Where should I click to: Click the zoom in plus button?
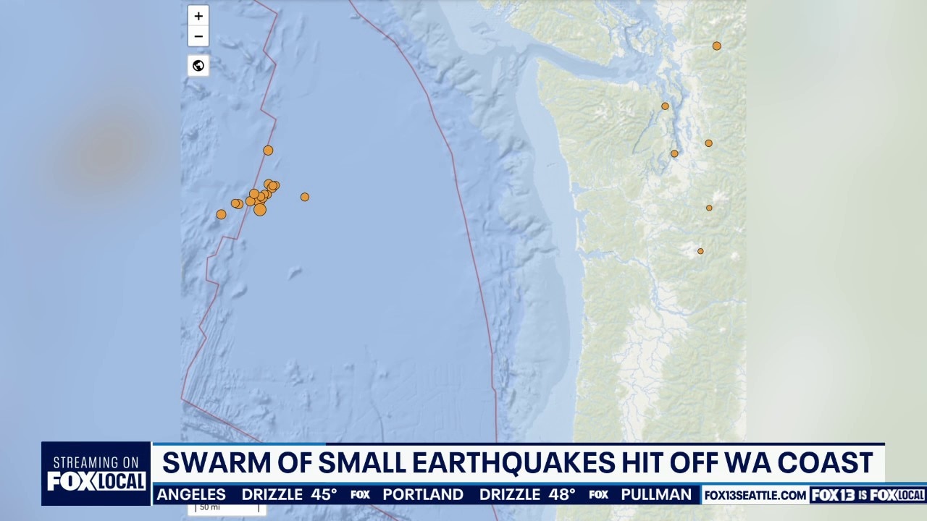tap(198, 16)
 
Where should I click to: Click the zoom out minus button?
tap(198, 36)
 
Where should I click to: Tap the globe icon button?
tap(198, 66)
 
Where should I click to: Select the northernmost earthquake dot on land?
tap(716, 46)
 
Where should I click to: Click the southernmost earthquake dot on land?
tap(700, 251)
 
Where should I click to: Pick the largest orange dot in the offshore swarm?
tap(260, 210)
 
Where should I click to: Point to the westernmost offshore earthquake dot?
tap(221, 214)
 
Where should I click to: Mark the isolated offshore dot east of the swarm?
tap(305, 197)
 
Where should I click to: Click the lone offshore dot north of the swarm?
tap(268, 151)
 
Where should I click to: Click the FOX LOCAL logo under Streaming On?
tap(96, 481)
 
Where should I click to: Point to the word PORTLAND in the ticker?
tap(423, 495)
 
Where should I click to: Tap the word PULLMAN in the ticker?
tap(656, 495)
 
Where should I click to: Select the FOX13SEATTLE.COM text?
tap(755, 496)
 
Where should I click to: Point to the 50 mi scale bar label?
tap(209, 507)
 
